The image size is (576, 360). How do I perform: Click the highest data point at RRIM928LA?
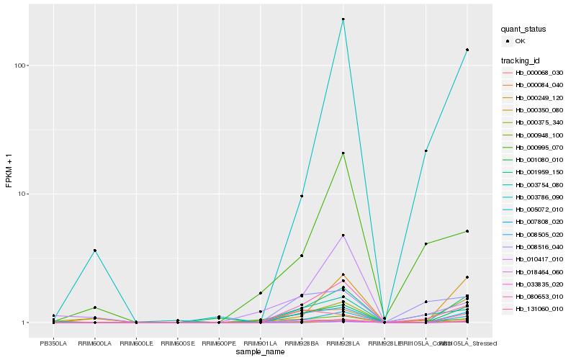tap(343, 19)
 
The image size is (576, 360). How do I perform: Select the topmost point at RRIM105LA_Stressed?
tap(467, 50)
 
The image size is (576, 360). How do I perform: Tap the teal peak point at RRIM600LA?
tap(94, 250)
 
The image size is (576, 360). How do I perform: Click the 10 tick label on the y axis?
tap(22, 194)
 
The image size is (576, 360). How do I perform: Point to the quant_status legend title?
tap(524, 29)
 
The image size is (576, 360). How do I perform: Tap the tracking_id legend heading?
tap(521, 60)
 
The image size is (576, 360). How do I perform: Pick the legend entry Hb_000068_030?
tap(539, 73)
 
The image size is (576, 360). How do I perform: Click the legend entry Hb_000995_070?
tap(539, 147)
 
